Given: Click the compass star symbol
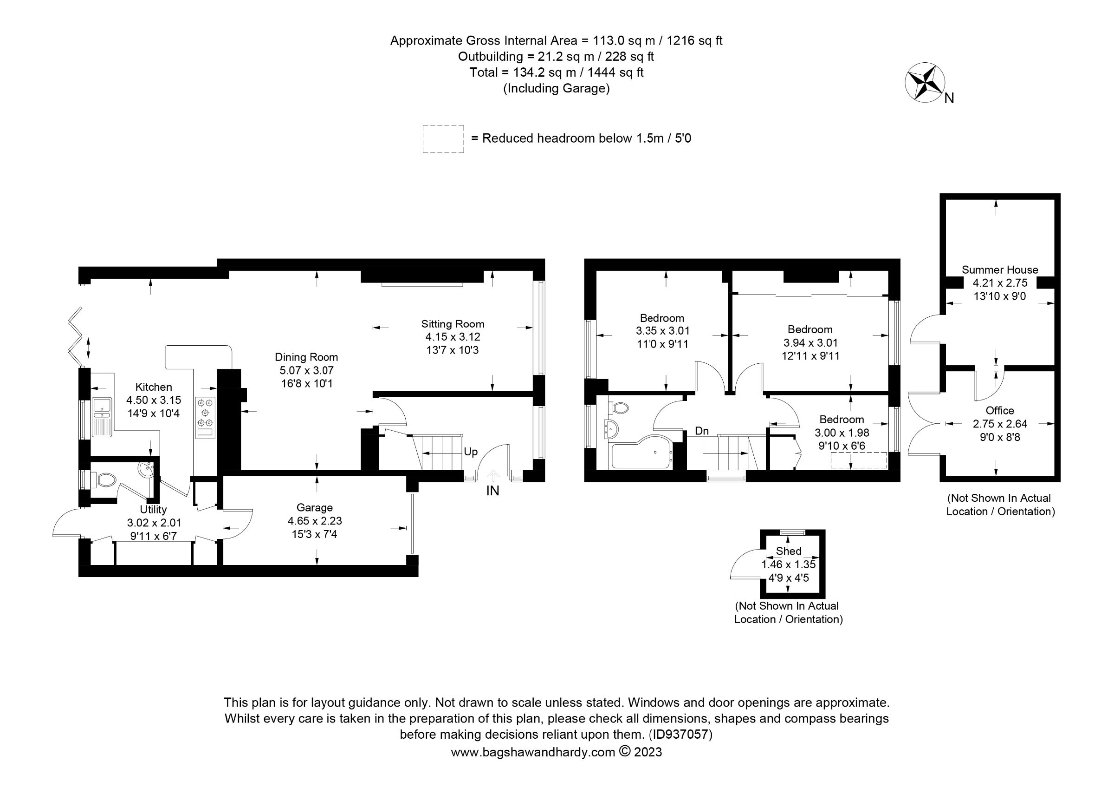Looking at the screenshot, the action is tap(924, 83).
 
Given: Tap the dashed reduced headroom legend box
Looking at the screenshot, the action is tap(443, 139).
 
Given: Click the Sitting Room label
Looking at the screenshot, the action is tap(452, 324).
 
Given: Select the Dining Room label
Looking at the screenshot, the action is tap(306, 357).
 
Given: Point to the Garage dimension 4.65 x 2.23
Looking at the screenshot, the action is tap(314, 521).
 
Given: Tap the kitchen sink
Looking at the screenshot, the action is tap(102, 417).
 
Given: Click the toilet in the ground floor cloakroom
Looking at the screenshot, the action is tap(106, 480).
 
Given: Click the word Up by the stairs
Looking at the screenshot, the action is tap(470, 452).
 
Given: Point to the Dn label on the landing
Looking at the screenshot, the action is tap(701, 431).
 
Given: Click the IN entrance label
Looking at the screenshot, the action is tap(492, 491).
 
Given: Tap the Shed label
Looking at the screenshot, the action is tap(789, 551).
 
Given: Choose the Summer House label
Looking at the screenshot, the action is tap(999, 270).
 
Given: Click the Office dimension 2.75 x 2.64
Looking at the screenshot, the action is tap(999, 424).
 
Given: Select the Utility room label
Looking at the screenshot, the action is tap(153, 509).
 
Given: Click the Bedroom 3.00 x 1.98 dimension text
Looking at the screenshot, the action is tap(842, 433).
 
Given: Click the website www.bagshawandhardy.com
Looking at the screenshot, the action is tap(533, 753).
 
